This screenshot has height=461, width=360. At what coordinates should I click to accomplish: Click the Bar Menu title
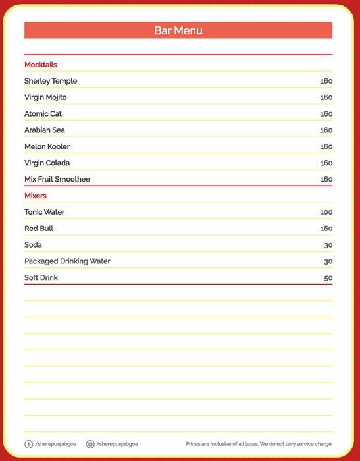tap(178, 30)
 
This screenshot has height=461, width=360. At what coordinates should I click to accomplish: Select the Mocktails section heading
tap(41, 65)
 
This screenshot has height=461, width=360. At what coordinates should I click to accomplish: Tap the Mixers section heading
tap(36, 196)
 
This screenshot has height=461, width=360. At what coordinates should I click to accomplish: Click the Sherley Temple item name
tap(51, 81)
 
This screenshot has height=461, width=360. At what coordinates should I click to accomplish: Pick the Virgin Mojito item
tap(45, 97)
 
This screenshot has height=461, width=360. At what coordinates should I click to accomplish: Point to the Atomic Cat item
tap(43, 114)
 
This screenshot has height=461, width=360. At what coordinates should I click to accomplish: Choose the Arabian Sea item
tap(45, 130)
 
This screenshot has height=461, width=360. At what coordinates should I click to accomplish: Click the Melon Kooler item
tap(47, 146)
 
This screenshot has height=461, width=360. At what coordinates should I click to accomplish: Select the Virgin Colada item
tap(47, 163)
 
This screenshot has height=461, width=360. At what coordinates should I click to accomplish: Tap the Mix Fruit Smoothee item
tap(57, 179)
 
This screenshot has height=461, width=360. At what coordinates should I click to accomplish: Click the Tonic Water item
tap(45, 212)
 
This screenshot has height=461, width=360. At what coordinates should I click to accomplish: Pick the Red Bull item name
tap(39, 229)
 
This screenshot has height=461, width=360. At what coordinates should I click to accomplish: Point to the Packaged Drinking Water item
tap(67, 261)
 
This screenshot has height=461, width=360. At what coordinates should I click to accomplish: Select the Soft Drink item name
tap(41, 278)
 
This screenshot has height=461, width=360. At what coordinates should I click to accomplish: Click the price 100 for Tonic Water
tap(326, 213)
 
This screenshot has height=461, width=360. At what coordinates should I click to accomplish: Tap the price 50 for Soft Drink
tap(328, 279)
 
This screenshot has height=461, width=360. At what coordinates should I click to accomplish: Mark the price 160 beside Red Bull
tap(326, 229)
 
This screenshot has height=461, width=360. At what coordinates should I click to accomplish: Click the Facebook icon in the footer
tap(28, 444)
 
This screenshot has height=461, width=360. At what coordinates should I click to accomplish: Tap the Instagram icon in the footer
tap(90, 444)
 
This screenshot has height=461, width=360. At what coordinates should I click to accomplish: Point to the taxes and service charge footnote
tap(259, 444)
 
